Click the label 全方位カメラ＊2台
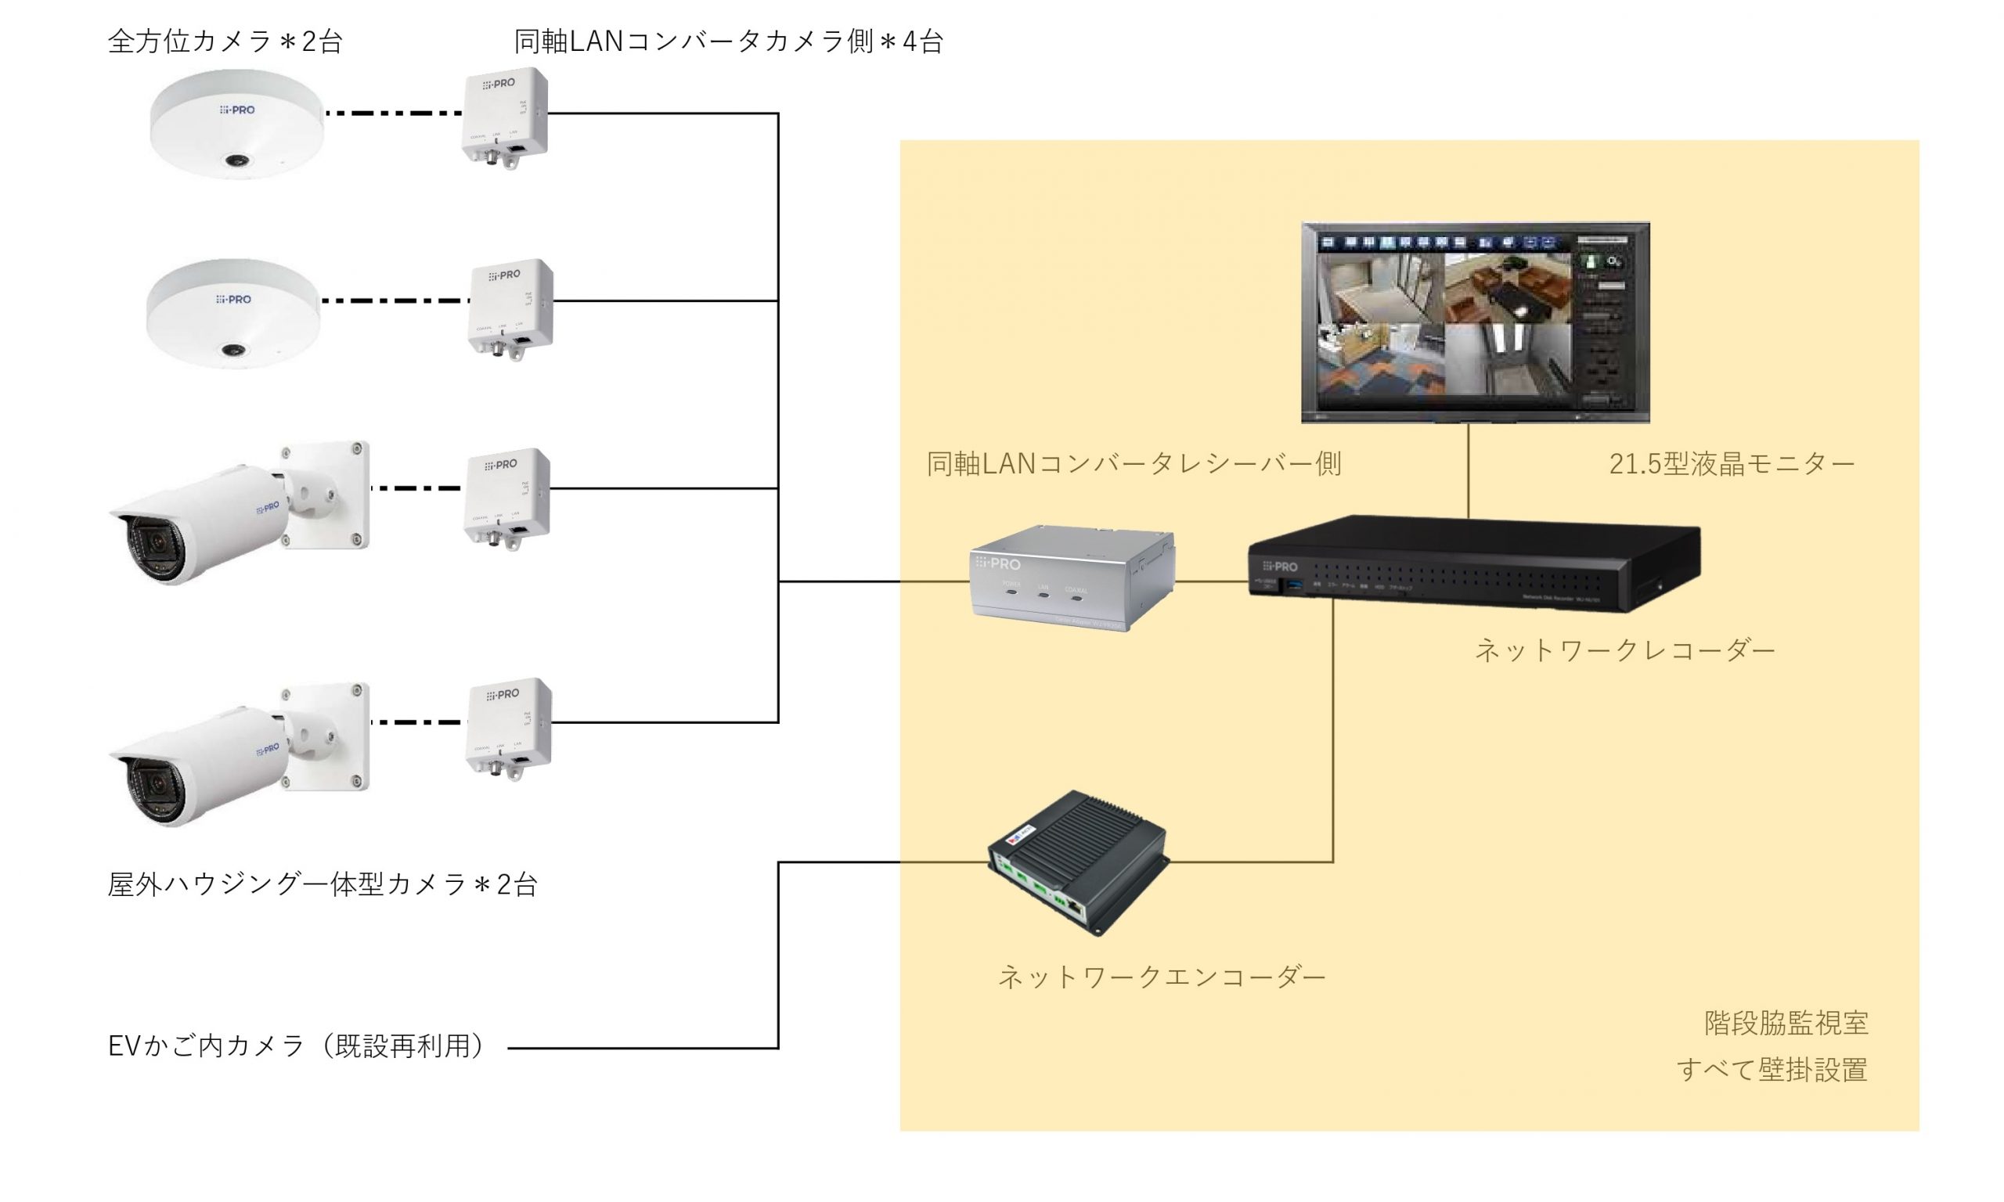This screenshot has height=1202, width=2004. [225, 41]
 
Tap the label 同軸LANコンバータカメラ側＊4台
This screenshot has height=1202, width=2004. [728, 41]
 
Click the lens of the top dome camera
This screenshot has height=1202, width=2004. [236, 161]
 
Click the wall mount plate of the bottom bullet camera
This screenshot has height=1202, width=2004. [329, 736]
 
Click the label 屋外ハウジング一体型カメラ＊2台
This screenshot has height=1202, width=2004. [323, 884]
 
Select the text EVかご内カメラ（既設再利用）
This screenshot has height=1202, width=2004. [296, 1045]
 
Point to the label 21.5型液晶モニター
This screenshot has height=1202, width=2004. [1731, 464]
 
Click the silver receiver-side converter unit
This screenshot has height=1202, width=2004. [1072, 578]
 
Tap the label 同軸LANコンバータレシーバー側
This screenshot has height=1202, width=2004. [1134, 464]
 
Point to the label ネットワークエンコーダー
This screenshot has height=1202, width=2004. [1161, 977]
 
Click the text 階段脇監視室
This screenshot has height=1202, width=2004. [1786, 1023]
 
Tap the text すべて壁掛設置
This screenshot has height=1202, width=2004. [1772, 1070]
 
